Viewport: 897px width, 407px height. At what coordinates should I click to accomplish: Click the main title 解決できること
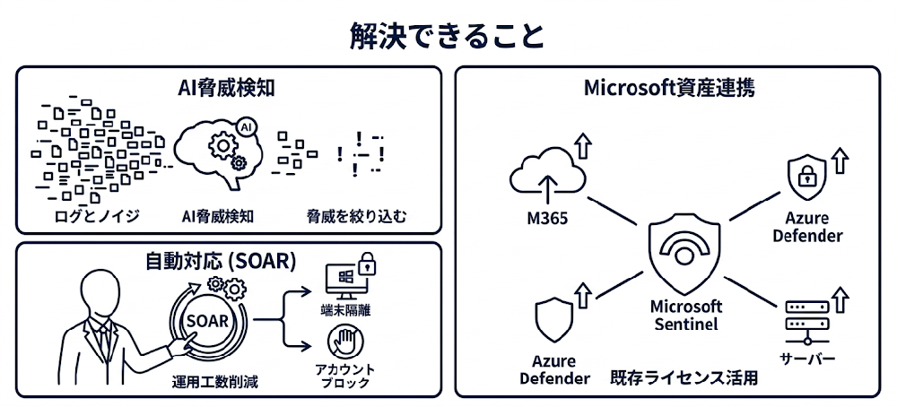click(448, 35)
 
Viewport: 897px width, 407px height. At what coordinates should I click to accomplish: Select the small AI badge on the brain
click(246, 129)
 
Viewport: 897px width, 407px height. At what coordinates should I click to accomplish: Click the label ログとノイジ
click(87, 216)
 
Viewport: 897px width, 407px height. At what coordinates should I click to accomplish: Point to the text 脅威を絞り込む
click(356, 216)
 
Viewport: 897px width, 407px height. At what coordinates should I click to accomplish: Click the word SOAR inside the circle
click(206, 319)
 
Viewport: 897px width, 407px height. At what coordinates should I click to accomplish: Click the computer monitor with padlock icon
click(349, 278)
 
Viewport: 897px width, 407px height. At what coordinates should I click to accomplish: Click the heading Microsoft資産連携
click(668, 89)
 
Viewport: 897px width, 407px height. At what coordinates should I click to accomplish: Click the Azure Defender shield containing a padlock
click(806, 178)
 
